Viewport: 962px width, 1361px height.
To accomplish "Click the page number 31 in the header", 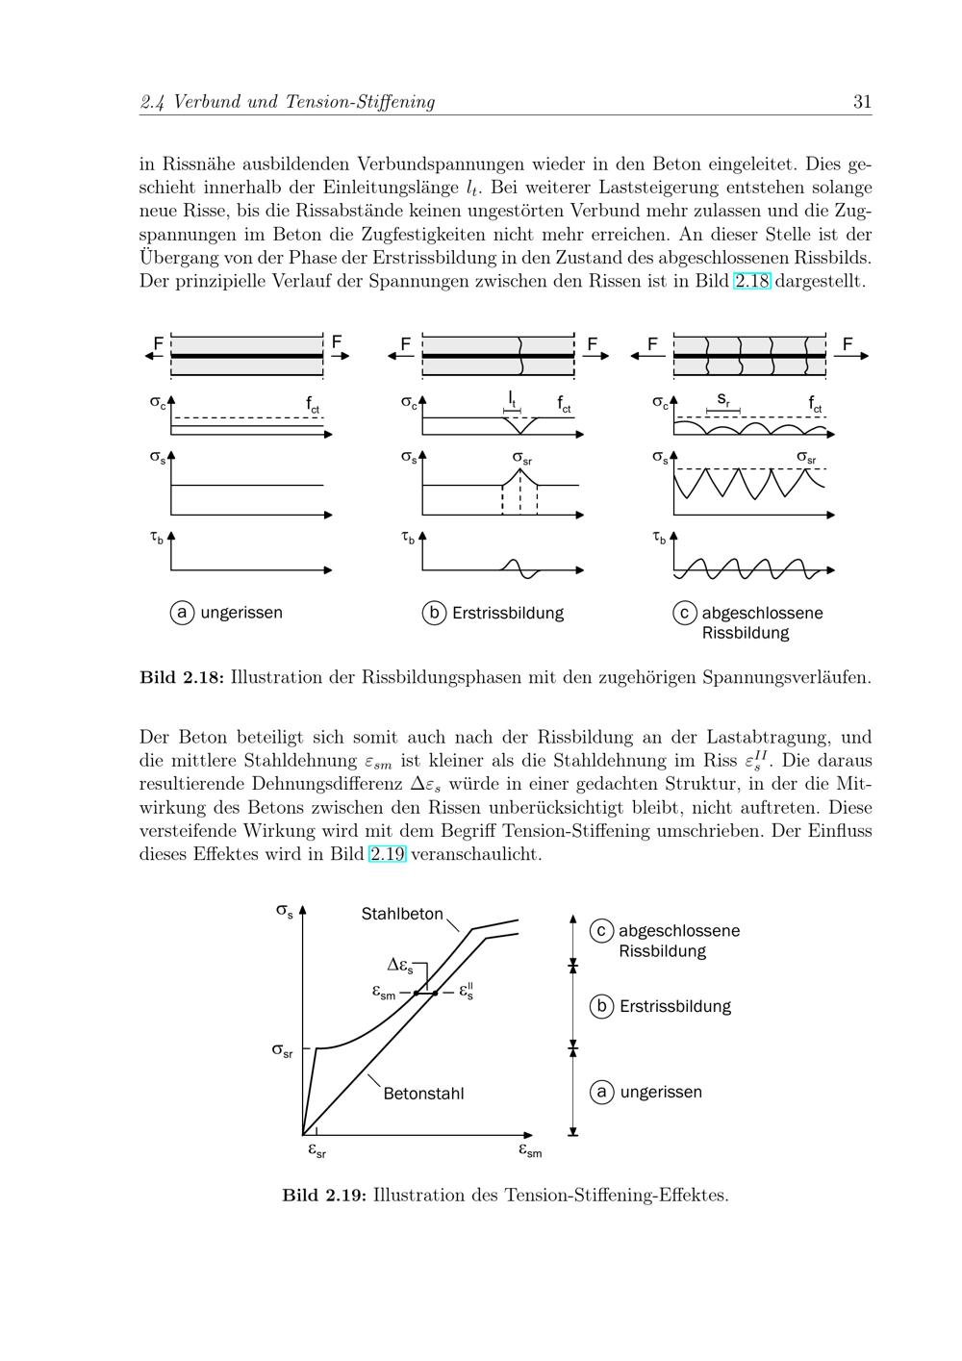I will click(862, 102).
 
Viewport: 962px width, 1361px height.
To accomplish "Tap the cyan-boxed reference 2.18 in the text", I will click(752, 281).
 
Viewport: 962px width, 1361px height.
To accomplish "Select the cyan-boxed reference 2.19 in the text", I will click(388, 854).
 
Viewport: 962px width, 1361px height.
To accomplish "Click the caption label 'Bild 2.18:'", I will click(182, 677).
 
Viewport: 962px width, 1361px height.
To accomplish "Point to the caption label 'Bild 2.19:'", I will click(324, 1196).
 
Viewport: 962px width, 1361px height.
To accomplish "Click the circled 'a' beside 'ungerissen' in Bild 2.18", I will click(182, 613).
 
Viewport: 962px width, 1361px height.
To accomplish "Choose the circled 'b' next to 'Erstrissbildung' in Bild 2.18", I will click(434, 613).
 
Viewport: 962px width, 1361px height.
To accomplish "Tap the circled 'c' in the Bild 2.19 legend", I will click(601, 931).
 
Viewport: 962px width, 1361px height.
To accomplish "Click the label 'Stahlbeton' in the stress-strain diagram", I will click(402, 914).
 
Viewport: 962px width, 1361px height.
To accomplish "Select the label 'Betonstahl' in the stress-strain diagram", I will click(423, 1094).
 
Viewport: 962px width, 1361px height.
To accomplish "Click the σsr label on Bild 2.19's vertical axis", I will click(282, 1050).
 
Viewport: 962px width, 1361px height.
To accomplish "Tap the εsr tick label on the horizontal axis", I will click(316, 1149).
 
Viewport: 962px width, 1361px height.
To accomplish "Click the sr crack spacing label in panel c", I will click(723, 399).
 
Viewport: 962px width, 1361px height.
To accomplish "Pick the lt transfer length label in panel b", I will click(513, 397).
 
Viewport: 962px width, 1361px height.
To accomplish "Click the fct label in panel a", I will click(314, 405).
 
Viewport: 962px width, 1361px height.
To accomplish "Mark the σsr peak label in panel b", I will click(521, 458).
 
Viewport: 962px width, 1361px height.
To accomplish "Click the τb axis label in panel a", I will click(156, 539).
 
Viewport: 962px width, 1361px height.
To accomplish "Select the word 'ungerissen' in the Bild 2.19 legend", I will click(661, 1093).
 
